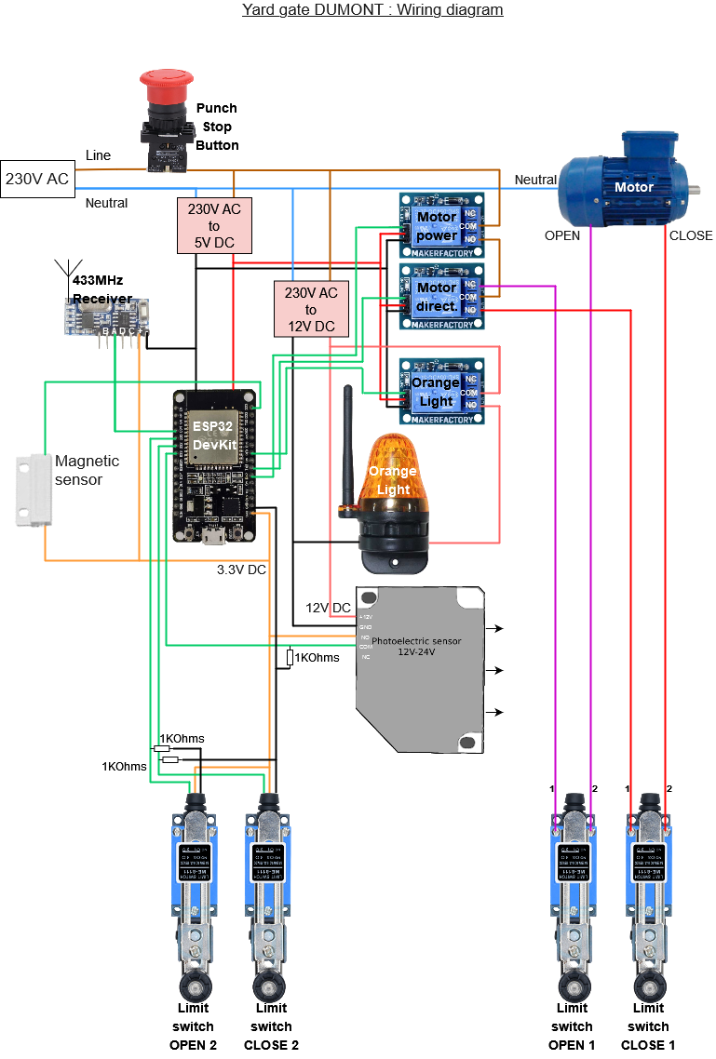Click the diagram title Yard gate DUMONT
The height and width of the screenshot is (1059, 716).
tap(372, 10)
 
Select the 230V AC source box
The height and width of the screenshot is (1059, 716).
tap(37, 180)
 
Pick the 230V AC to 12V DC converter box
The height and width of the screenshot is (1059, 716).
tap(311, 310)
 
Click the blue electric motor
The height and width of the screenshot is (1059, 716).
tap(628, 181)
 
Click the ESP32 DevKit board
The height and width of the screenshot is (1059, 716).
tap(215, 465)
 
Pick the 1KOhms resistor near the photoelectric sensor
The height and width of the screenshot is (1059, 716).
tap(290, 658)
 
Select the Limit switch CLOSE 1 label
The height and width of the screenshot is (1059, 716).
tap(649, 1026)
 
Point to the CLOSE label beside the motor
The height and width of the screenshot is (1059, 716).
tap(691, 235)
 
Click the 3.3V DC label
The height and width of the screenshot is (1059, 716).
tap(242, 570)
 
